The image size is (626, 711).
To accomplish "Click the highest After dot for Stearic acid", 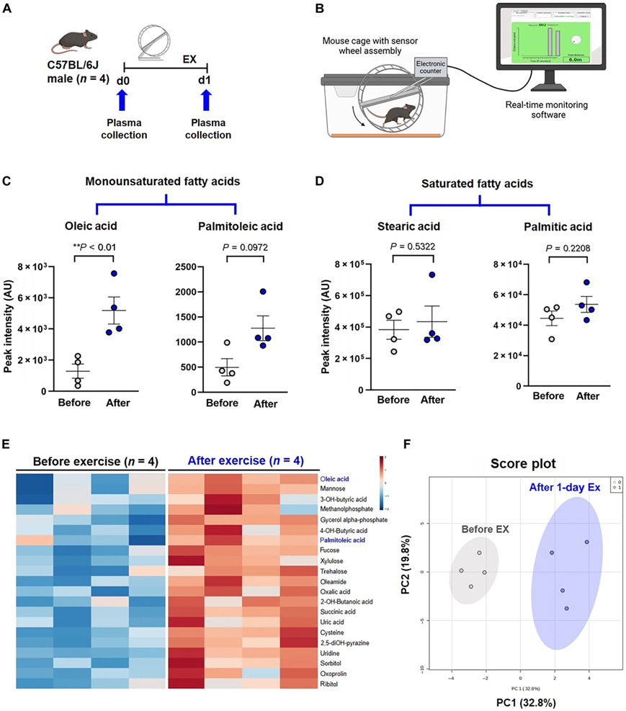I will click(x=432, y=275).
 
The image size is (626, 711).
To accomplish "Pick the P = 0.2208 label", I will click(x=572, y=249).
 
